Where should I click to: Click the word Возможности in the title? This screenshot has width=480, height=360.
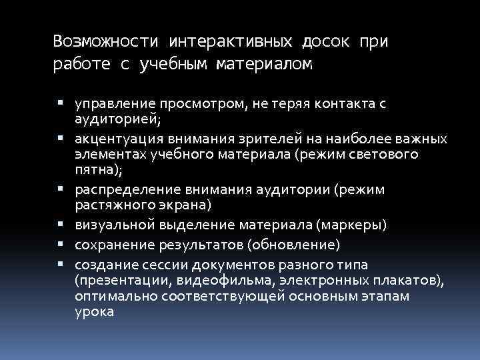pyautogui.click(x=106, y=41)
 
